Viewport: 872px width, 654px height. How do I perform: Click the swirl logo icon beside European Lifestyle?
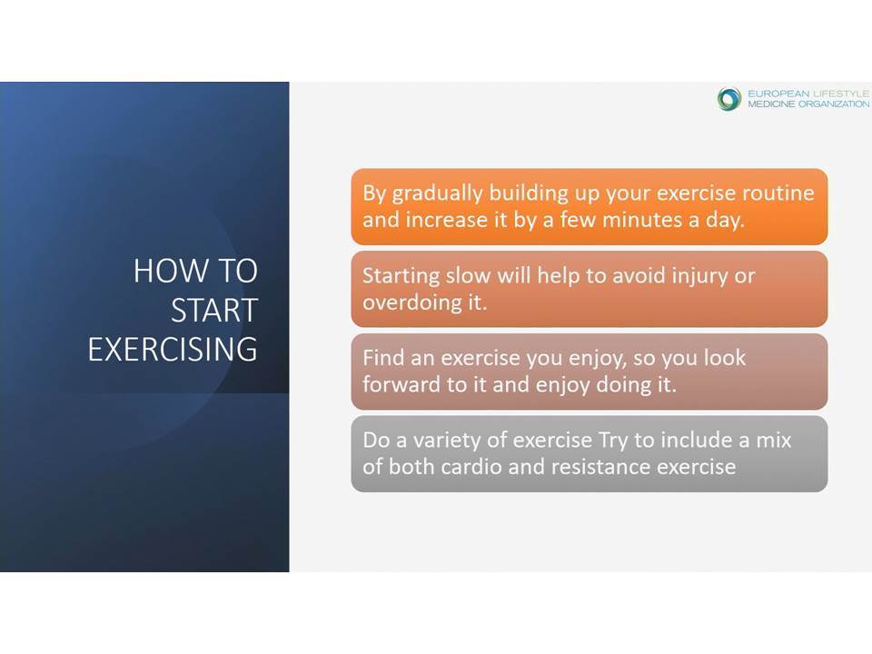[729, 98]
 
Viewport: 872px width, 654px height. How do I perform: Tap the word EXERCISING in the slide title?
[173, 349]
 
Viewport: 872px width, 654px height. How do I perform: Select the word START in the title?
[214, 310]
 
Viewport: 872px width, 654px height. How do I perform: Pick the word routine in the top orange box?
[778, 193]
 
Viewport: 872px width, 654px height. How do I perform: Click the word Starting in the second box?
[401, 276]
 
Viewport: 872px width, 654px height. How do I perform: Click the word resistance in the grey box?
[601, 467]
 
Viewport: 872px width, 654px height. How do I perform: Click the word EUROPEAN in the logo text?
[778, 94]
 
